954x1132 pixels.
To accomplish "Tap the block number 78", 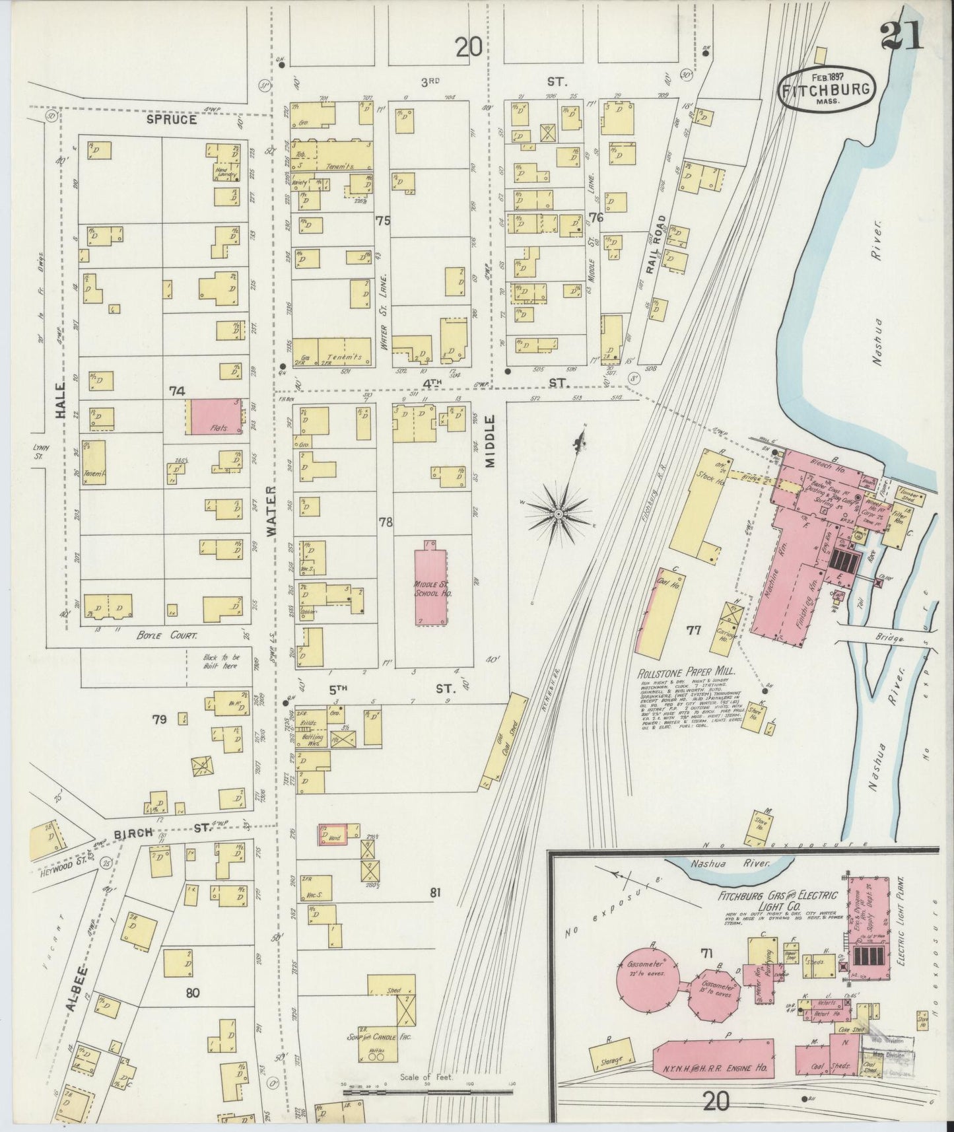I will (x=386, y=522).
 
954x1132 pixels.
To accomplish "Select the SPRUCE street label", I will (x=171, y=120).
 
